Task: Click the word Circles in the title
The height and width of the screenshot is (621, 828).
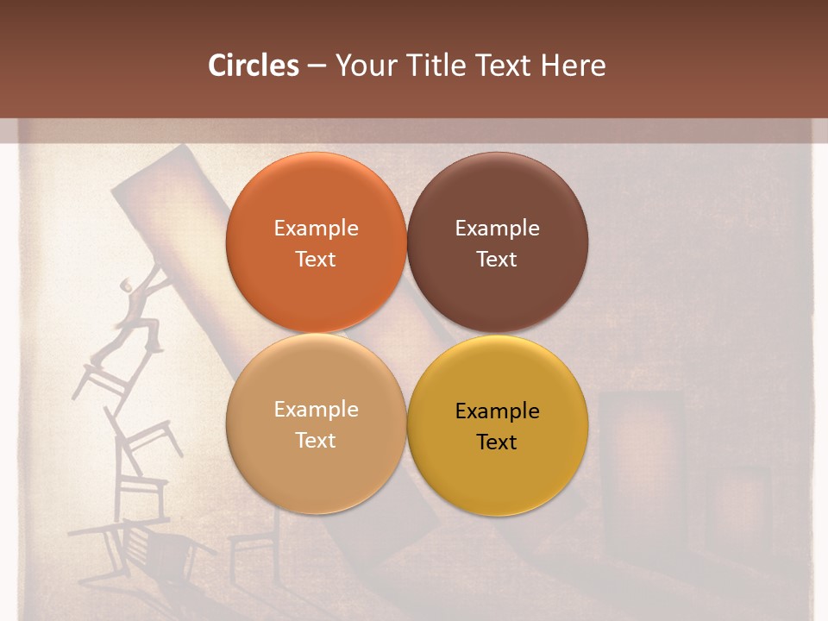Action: coord(253,66)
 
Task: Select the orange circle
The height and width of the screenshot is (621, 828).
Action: coord(316,242)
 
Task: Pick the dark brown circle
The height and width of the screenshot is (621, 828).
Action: coord(498,242)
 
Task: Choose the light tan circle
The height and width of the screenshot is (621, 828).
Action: coord(316,423)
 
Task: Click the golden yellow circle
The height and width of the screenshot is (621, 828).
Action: coord(498,425)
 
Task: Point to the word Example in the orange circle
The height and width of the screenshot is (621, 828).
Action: coord(316,228)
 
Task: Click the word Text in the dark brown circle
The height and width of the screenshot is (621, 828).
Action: coord(497,259)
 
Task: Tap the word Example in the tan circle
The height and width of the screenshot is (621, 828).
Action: coord(316,409)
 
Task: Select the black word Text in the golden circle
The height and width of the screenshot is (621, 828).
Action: coord(497,442)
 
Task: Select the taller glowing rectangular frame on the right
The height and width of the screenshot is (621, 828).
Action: coord(640,448)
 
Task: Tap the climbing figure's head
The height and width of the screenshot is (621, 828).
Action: coord(128,284)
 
